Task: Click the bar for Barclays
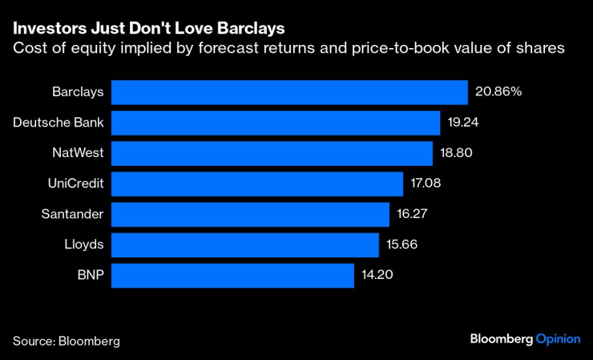(289, 92)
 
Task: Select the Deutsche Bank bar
(276, 123)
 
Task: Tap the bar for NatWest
(272, 153)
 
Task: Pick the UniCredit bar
(257, 184)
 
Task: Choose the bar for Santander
(250, 214)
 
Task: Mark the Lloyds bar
(244, 245)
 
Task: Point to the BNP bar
(232, 275)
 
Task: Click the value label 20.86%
(498, 92)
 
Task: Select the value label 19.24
(464, 123)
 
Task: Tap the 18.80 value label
(457, 153)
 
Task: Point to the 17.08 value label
(426, 184)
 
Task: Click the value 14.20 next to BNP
(377, 275)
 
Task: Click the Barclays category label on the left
(78, 92)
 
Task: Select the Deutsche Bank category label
(58, 123)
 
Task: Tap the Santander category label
(72, 214)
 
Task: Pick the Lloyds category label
(84, 245)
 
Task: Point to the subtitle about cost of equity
(288, 49)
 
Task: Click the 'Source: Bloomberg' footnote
(66, 341)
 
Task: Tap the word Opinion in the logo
(557, 339)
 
